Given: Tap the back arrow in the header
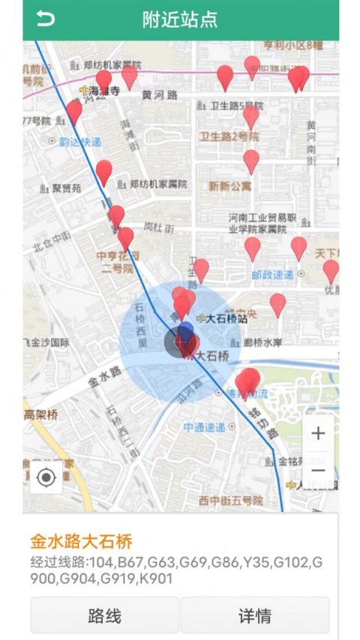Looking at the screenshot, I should [46, 19].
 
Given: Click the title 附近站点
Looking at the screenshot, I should [180, 19].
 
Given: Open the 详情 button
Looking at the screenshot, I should [255, 616].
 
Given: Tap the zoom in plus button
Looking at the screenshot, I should [318, 433].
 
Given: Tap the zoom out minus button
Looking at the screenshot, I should [318, 471].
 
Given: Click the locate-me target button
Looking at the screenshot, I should [46, 477].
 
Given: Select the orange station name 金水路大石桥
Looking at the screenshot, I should [82, 541].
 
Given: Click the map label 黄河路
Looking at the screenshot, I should [160, 95].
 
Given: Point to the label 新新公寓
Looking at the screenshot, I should [230, 186].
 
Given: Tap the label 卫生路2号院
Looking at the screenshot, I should [229, 136].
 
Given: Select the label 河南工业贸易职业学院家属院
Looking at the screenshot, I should [258, 223].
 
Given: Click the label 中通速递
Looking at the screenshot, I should [204, 427].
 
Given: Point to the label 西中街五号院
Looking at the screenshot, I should [230, 501].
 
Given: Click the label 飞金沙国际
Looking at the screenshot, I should [46, 342].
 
